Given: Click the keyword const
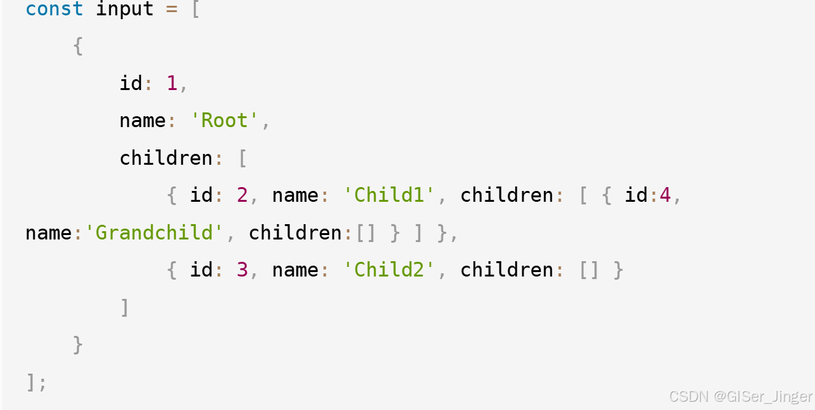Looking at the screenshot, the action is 54,10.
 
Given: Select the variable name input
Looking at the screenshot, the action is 125,10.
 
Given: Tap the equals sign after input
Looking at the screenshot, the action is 172,10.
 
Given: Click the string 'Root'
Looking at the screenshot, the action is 224,121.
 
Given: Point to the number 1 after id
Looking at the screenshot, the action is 172,84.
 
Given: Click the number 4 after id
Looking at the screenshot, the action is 665,195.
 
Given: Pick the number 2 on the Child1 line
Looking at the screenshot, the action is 242,195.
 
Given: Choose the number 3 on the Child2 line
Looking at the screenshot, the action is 242,270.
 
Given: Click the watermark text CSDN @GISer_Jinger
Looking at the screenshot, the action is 741,397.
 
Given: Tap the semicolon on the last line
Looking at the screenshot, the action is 43,383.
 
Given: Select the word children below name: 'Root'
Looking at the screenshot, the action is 166,158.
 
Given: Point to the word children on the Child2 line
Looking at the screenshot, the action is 507,270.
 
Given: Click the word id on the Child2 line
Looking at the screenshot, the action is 201,270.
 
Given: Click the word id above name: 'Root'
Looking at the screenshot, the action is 131,84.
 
